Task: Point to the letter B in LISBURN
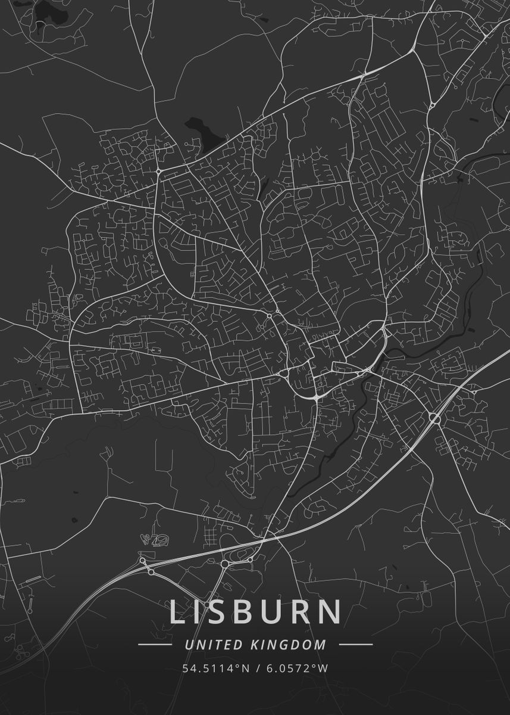click(x=250, y=612)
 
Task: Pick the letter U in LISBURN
click(x=279, y=612)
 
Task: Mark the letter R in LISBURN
click(x=306, y=612)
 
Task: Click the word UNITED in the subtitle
click(x=213, y=644)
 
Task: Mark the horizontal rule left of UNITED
click(x=155, y=644)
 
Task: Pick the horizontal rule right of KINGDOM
click(x=356, y=644)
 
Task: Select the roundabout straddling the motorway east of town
click(x=435, y=419)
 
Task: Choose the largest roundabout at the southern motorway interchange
click(x=226, y=563)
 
